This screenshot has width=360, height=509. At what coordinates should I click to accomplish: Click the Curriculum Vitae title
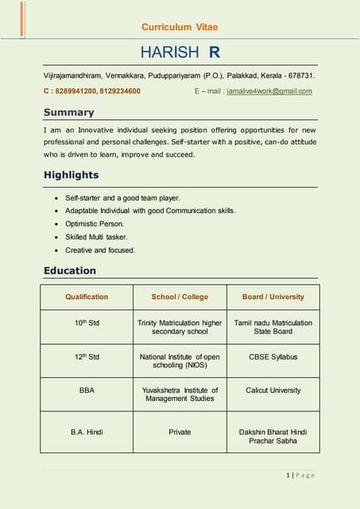click(180, 27)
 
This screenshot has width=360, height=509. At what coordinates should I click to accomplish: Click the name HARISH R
click(180, 52)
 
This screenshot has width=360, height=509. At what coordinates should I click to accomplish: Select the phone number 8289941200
click(76, 91)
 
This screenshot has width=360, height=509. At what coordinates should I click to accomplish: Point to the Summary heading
click(68, 112)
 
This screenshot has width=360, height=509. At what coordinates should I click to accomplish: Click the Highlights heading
click(71, 175)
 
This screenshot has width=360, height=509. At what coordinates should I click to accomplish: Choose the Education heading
click(69, 271)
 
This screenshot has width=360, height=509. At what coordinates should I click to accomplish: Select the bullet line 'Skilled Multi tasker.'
click(96, 237)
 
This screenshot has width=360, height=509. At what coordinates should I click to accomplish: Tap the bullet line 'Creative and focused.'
click(100, 251)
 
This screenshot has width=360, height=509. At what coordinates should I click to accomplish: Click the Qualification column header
click(87, 297)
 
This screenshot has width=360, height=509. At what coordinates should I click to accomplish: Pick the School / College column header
click(180, 297)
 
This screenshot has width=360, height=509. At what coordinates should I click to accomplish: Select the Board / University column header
click(273, 297)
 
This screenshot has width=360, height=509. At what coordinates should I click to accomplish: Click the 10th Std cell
click(87, 323)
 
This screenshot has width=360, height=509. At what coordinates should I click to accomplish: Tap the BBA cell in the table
click(87, 390)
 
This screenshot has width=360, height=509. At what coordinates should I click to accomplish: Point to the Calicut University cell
click(273, 390)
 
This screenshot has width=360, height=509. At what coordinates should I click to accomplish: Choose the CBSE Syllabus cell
click(273, 357)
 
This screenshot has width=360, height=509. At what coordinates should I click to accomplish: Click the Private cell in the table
click(180, 432)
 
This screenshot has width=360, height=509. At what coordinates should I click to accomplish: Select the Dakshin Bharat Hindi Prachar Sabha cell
click(273, 436)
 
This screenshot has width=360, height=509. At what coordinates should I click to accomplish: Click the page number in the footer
click(300, 475)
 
